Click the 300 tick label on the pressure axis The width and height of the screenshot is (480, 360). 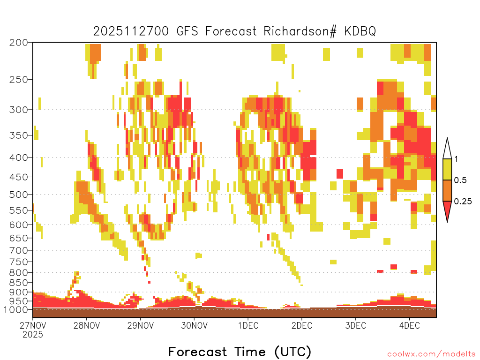[18, 110]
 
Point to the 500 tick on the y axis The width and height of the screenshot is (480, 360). [18, 195]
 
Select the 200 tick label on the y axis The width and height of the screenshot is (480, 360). [18, 43]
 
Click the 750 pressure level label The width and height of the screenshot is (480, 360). [18, 262]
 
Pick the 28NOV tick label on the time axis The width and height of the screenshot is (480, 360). [87, 325]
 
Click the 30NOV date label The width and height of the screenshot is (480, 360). [194, 325]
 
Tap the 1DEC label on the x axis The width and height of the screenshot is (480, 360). [248, 325]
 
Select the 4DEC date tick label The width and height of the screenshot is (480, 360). [409, 325]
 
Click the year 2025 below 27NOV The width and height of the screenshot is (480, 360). [33, 334]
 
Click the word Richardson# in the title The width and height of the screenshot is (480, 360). [300, 31]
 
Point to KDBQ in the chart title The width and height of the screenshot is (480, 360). [360, 31]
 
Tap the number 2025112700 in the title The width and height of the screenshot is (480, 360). [131, 31]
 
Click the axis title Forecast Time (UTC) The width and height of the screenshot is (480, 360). [240, 352]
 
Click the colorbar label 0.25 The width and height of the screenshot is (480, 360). [463, 202]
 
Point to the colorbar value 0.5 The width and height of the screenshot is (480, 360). [460, 180]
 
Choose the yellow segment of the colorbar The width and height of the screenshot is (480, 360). [447, 169]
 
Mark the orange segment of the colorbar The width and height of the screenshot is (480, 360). [447, 190]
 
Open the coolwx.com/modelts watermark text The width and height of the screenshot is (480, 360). [431, 354]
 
